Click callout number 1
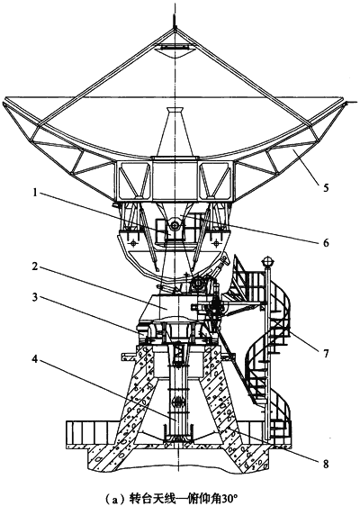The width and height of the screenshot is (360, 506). coord(34,194)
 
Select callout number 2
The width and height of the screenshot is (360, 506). coord(34,267)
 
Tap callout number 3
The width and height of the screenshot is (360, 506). coord(34,297)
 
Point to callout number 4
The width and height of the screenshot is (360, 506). coord(34,359)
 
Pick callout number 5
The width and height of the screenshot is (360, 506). coord(326,187)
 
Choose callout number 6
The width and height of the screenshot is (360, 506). coord(326,242)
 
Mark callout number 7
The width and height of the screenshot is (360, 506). coord(326,353)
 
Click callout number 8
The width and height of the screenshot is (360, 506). coord(326,464)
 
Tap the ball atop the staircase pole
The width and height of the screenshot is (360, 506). coord(267,261)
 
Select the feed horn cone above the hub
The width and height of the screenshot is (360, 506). coord(175,132)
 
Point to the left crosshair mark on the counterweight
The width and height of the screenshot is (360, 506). coord(134,242)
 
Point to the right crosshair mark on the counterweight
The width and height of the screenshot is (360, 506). coord(216,241)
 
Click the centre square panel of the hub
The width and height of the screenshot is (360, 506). coord(175,180)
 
